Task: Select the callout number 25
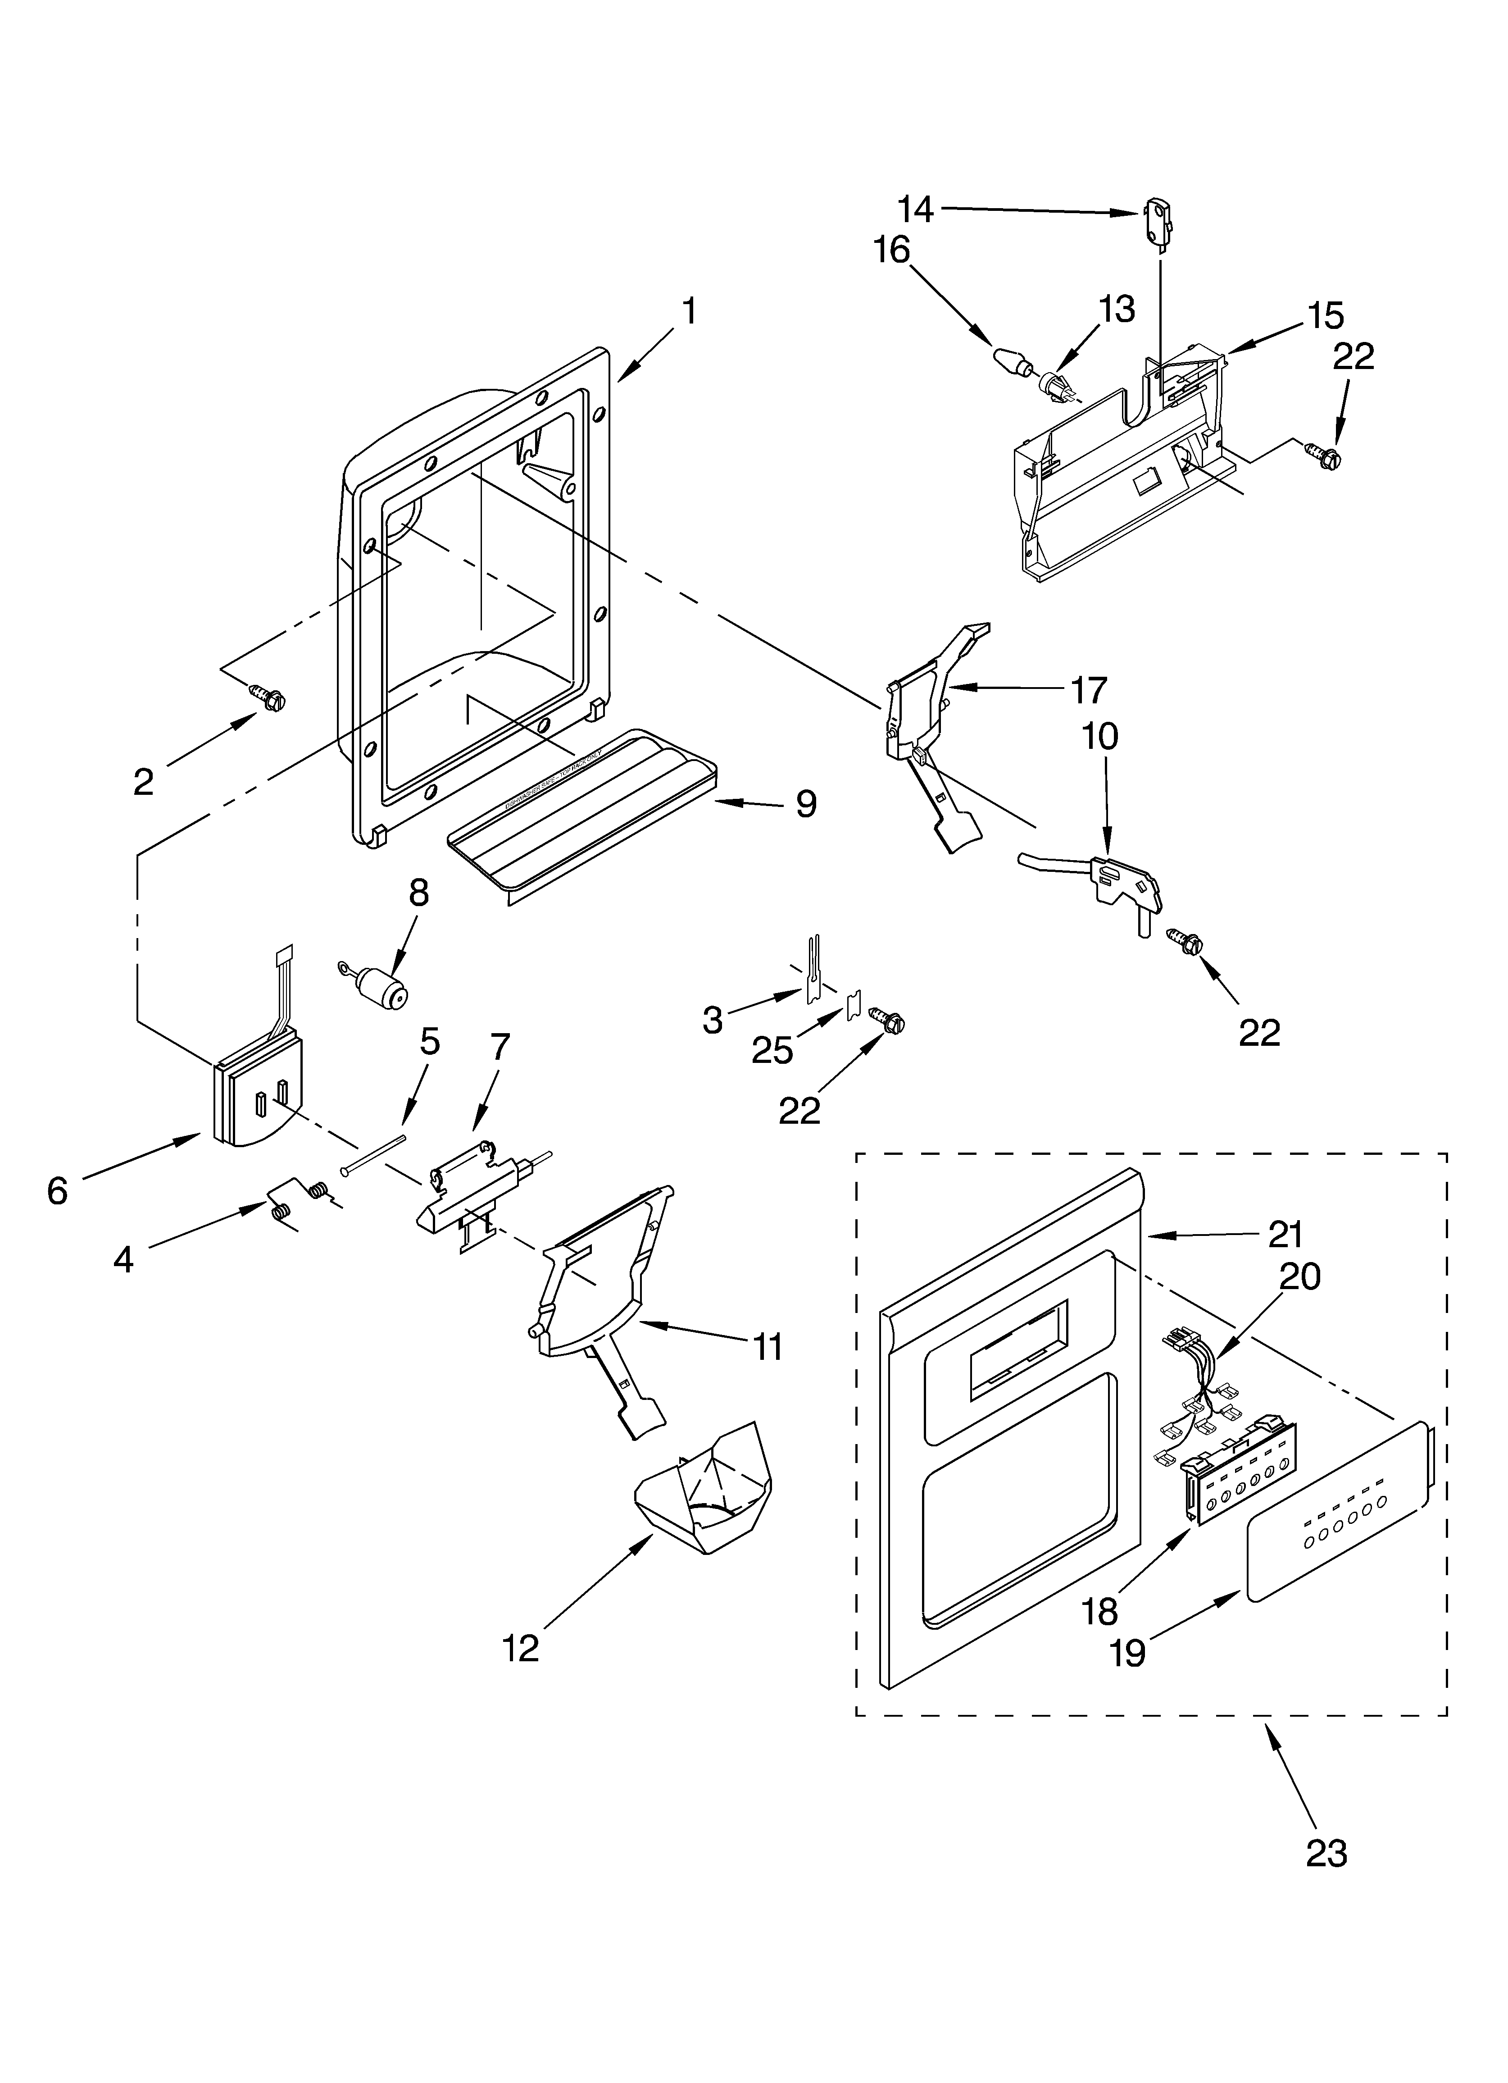pyautogui.click(x=772, y=1050)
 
